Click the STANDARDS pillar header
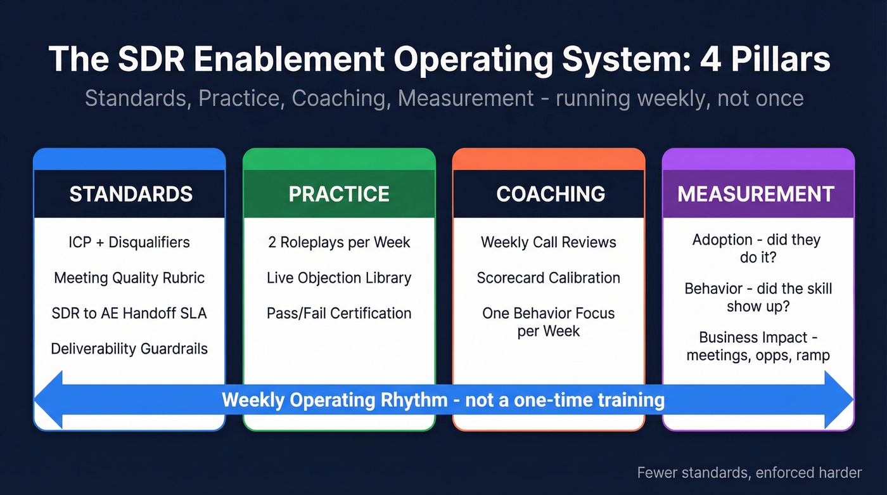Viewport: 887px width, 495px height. click(x=130, y=194)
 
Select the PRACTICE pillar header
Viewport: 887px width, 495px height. click(x=339, y=194)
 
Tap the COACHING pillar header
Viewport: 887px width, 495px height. click(x=549, y=194)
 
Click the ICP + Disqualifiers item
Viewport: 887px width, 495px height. click(x=129, y=242)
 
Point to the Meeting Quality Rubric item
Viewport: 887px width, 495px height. click(x=129, y=278)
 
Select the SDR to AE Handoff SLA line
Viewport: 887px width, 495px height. click(x=129, y=313)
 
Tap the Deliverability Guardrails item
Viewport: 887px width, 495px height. click(x=129, y=349)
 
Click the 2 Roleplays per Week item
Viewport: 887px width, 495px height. click(x=339, y=242)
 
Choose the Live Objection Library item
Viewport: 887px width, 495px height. click(x=339, y=278)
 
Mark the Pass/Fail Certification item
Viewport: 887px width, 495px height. click(x=339, y=313)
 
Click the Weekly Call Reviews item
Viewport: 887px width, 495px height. click(x=549, y=242)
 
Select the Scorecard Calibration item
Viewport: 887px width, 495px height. click(x=549, y=278)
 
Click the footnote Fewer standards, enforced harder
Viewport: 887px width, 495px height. click(x=750, y=472)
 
